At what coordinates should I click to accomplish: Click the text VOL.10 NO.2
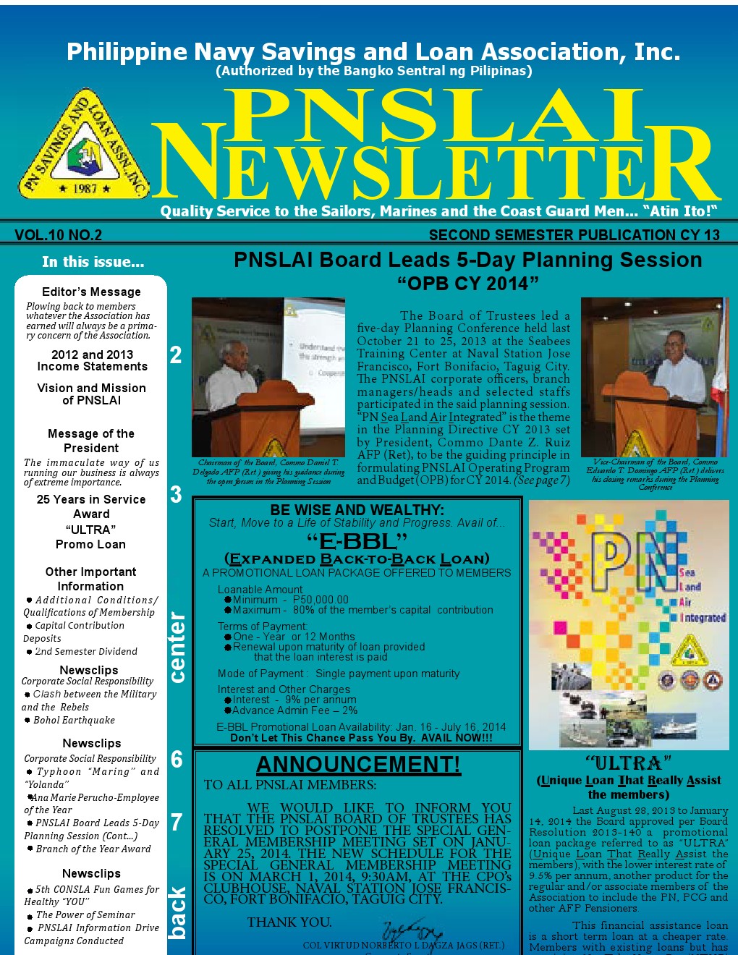click(58, 235)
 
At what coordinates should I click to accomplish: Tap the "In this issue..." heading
click(93, 262)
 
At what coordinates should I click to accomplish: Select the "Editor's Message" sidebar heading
click(91, 292)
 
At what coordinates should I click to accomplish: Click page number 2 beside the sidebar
click(176, 355)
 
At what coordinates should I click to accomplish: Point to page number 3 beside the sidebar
click(176, 495)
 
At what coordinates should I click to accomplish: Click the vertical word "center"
click(177, 648)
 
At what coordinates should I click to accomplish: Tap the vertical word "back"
click(177, 912)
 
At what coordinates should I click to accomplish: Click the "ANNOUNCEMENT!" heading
click(358, 765)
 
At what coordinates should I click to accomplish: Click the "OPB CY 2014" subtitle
click(467, 284)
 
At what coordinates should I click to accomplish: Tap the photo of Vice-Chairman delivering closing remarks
click(654, 377)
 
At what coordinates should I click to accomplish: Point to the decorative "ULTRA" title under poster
click(628, 763)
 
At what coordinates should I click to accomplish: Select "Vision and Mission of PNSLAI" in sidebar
click(91, 394)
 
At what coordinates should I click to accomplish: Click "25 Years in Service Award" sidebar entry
click(91, 506)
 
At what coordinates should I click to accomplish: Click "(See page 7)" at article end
click(541, 480)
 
